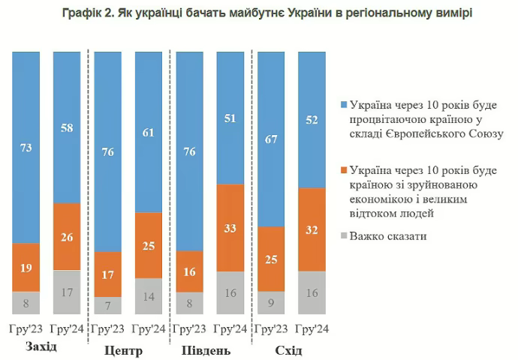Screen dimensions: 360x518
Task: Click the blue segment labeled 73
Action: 26,148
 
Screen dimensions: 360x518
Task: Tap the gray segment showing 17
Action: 66,292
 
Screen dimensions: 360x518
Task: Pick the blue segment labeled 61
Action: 148,133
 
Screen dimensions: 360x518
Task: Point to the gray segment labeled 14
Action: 148,296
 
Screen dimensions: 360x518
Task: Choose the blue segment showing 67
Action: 270,139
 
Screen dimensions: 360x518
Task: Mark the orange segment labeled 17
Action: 107,274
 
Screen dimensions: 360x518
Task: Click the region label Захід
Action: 41,347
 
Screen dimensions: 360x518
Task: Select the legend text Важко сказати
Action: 387,236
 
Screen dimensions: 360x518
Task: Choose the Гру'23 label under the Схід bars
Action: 270,328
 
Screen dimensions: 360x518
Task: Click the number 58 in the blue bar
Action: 66,128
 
